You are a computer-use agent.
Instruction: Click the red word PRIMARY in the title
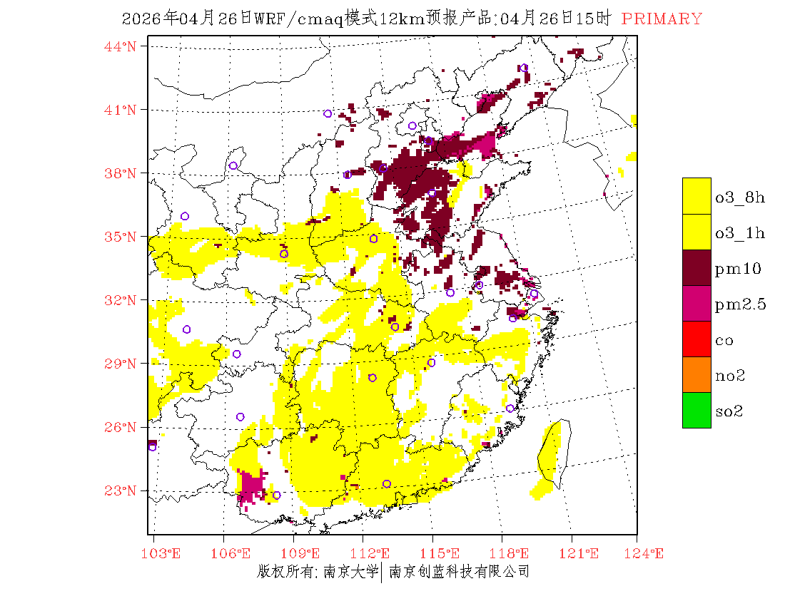(x=662, y=19)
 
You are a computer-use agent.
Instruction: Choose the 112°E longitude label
(x=374, y=553)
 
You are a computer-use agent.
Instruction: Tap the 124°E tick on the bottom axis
(x=649, y=553)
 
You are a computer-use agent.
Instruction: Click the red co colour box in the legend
(x=697, y=339)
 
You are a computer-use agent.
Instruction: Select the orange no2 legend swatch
(x=697, y=374)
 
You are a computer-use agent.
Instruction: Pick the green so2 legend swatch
(x=697, y=410)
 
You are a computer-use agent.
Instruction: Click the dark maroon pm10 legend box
(x=697, y=267)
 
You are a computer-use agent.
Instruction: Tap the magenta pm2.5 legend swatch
(x=697, y=303)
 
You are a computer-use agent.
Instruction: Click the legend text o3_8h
(x=740, y=197)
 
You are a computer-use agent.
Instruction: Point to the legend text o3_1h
(x=740, y=233)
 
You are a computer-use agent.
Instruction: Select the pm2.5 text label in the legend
(x=740, y=304)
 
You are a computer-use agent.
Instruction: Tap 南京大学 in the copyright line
(x=350, y=571)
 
